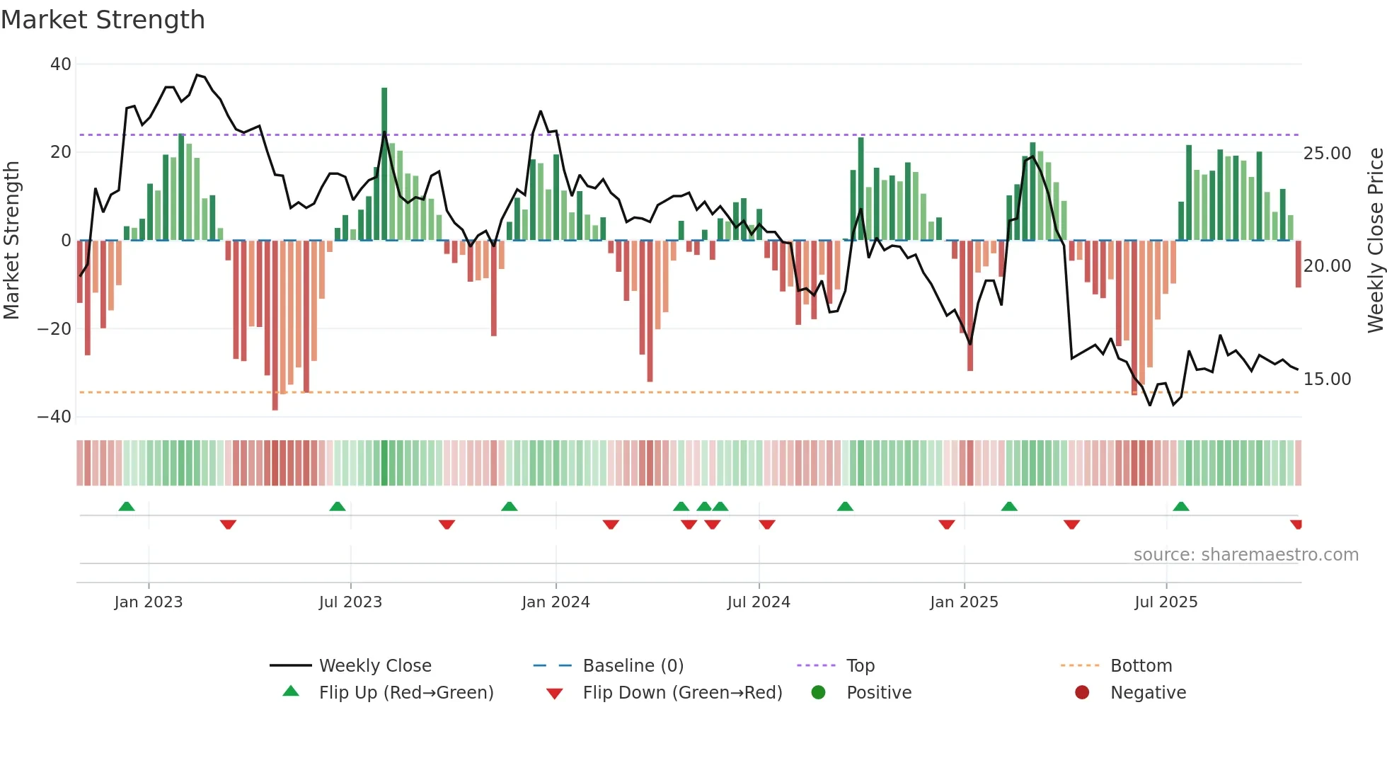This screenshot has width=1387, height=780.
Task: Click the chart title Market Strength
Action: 103,20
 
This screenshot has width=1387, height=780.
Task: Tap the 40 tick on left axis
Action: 61,64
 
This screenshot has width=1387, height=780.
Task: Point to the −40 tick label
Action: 54,417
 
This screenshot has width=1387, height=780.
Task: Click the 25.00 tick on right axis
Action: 1327,154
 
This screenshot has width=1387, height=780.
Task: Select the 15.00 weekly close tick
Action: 1327,379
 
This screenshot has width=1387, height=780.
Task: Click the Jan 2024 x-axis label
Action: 556,602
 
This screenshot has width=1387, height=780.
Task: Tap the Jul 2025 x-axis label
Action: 1166,602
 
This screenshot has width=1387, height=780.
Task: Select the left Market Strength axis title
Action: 11,241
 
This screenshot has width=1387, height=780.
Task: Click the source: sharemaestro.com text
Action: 1245,555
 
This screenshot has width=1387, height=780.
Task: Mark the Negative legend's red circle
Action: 1082,693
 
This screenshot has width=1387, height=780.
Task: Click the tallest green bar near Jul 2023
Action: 384,163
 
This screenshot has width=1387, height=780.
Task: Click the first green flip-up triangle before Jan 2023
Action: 127,506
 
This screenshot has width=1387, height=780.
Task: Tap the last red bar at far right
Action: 1299,264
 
